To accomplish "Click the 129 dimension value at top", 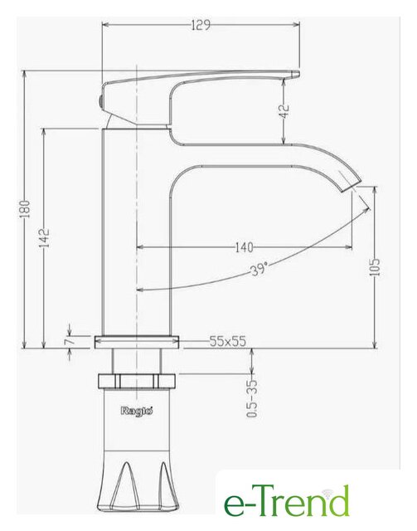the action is coord(201,25).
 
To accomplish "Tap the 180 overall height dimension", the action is coord(26,209).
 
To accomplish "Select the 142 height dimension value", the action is coord(45,238).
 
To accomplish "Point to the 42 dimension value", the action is coord(285,111).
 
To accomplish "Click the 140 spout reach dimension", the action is coord(244,247).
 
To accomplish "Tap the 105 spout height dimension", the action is coord(375,267).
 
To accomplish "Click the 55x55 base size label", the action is coord(227,341).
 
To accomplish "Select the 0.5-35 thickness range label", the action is coord(252,398).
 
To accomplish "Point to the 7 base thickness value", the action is coord(68,340).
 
